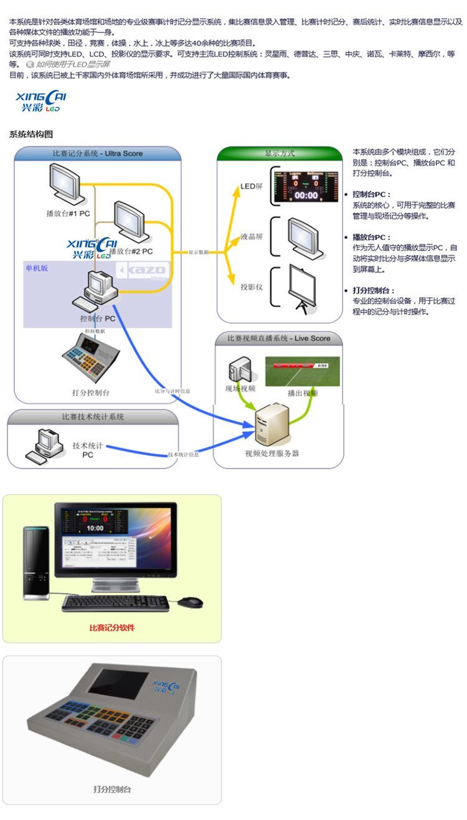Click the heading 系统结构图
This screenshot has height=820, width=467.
click(31, 134)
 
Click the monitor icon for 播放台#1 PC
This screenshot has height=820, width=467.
click(64, 183)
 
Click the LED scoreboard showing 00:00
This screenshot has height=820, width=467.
click(306, 186)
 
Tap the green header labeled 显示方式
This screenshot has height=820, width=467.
click(279, 153)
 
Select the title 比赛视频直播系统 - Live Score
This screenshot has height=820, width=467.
click(278, 338)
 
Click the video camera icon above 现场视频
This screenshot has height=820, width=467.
click(238, 370)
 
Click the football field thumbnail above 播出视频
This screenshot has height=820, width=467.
click(303, 372)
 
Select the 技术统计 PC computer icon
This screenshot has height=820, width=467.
click(49, 444)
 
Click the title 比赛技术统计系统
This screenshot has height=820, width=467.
click(93, 416)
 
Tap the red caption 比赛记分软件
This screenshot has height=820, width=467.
click(112, 627)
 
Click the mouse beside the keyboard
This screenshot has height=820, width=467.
click(191, 601)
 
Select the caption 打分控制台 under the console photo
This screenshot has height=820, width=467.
click(112, 789)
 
